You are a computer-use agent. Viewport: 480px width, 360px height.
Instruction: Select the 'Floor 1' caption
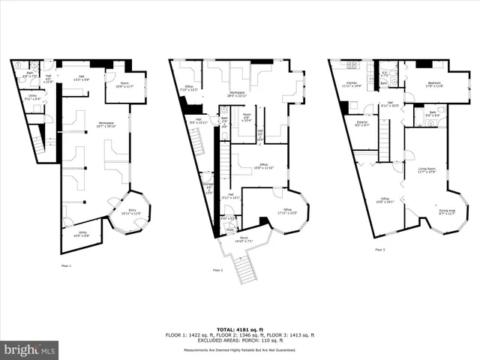[x=67, y=265]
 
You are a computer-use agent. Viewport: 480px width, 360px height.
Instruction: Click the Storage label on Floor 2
[x=208, y=186]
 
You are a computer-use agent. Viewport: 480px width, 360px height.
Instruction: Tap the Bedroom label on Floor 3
[x=435, y=84]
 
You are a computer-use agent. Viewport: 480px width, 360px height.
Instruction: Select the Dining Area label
[x=447, y=211]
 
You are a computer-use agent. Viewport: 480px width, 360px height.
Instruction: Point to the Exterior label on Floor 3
[x=361, y=123]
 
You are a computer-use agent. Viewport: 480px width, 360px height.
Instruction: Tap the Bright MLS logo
[x=30, y=349]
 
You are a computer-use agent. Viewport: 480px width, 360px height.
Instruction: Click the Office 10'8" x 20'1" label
[x=384, y=200]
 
